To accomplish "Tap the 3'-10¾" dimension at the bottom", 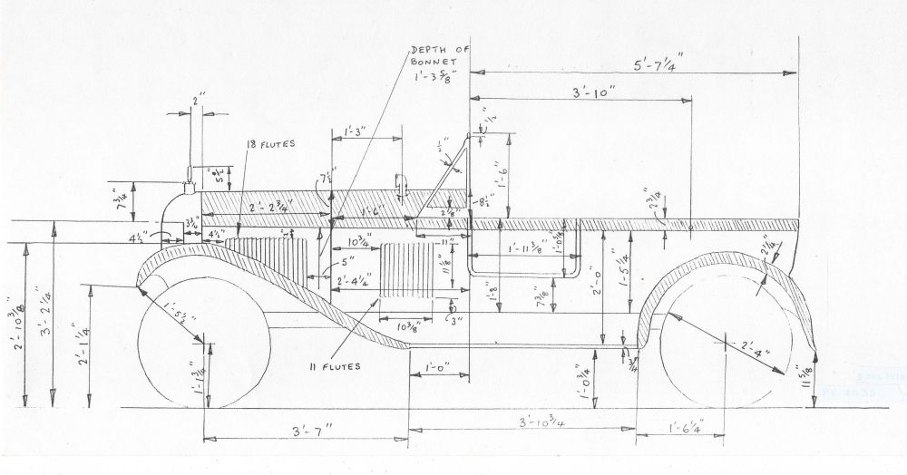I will pos(541,423).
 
